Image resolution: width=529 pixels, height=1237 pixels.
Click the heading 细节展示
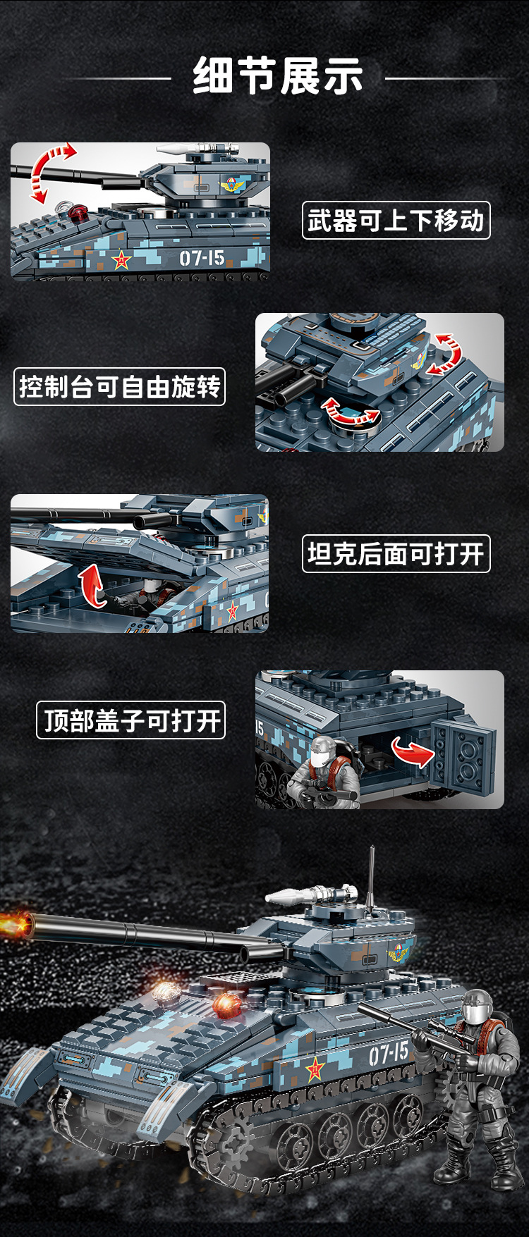pyautogui.click(x=278, y=76)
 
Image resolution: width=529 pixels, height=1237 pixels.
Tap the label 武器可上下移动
pyautogui.click(x=396, y=221)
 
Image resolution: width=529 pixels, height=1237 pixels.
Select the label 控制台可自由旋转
pyautogui.click(x=119, y=387)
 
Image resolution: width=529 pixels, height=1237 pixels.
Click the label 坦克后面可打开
pyautogui.click(x=396, y=554)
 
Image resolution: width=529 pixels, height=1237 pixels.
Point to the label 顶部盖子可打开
pyautogui.click(x=130, y=720)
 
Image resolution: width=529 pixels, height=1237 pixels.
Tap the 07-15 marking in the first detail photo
pyautogui.click(x=202, y=258)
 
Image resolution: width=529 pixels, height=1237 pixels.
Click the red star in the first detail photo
pyautogui.click(x=122, y=260)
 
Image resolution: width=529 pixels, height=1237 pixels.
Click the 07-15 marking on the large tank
pyautogui.click(x=389, y=1054)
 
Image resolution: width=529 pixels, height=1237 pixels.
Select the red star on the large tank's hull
pyautogui.click(x=315, y=1070)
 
